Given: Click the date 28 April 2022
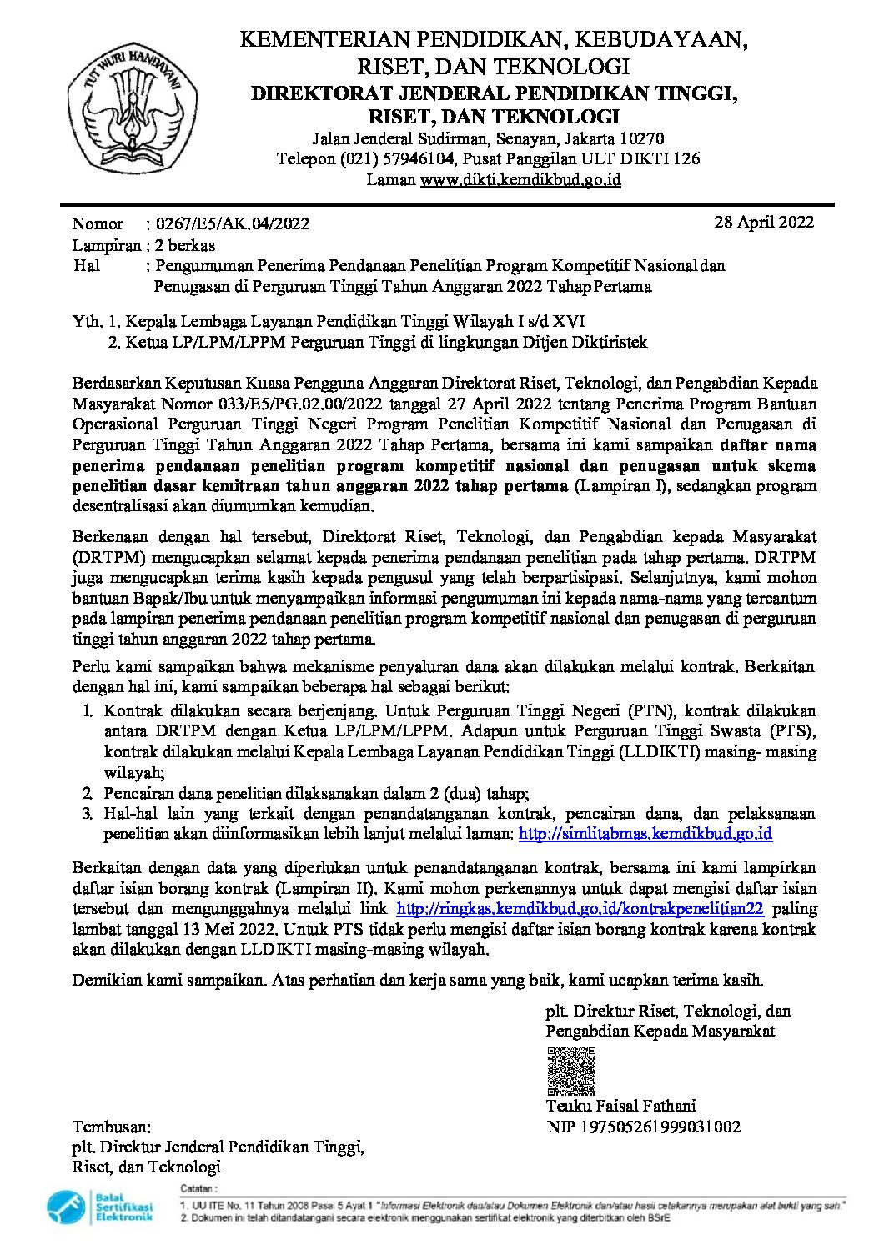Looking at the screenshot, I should coord(763,222).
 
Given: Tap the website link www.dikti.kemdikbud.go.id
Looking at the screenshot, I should coord(520,179).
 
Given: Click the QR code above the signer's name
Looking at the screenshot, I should coord(571,1071).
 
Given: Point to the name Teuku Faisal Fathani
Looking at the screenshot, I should coord(620,1107).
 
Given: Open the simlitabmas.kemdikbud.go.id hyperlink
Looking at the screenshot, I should coord(645,833).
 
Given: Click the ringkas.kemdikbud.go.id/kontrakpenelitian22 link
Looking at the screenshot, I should coord(580,909).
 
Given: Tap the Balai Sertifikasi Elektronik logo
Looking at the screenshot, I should coord(100,1207).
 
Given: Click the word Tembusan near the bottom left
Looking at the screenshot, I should coord(112,1127).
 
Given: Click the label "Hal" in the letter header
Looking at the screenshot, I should coord(86,266).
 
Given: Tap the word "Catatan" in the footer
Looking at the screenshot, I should coord(198,1188).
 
